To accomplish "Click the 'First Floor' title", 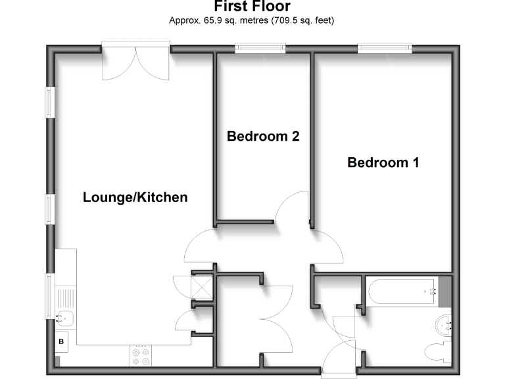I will [252, 7].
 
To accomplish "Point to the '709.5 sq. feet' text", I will [304, 20].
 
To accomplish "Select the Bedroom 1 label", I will [383, 163].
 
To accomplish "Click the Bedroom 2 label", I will [263, 136].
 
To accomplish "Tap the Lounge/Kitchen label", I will [135, 197].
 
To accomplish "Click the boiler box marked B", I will [62, 341].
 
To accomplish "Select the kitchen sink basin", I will [65, 319].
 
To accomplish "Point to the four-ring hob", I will [140, 356].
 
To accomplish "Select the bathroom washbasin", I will [445, 323].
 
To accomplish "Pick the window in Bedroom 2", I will [260, 47].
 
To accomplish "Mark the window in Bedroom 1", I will [384, 47].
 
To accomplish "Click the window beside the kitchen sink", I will [49, 296].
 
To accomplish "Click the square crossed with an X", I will [201, 288].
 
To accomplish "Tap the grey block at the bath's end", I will [445, 291].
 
